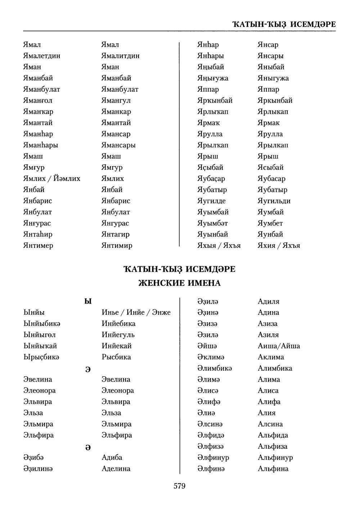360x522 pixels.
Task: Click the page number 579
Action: [179, 486]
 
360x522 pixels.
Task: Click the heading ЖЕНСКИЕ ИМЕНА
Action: [179, 283]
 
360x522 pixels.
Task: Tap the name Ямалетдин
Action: [42, 56]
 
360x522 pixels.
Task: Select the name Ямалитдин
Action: [120, 56]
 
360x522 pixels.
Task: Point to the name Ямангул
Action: [116, 100]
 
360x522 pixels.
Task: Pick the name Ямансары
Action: [118, 145]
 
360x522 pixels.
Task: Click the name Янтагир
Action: [116, 234]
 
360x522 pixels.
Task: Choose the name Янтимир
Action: [117, 245]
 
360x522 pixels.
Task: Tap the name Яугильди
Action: [274, 201]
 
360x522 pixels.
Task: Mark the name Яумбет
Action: [270, 223]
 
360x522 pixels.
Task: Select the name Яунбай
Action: [270, 234]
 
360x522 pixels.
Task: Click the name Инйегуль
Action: [118, 335]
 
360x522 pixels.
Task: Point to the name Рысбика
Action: [116, 357]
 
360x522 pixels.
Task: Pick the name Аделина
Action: [116, 468]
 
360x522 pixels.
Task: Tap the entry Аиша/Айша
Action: [279, 346]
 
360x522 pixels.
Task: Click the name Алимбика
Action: [275, 368]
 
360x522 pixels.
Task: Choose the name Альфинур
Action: [275, 457]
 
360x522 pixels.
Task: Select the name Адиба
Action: [112, 457]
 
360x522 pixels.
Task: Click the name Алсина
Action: [270, 424]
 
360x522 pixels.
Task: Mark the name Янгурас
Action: [115, 223]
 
